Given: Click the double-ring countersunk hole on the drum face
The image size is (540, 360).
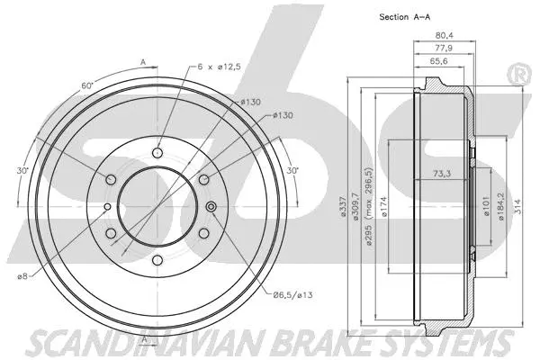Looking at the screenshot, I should [x=212, y=210].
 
